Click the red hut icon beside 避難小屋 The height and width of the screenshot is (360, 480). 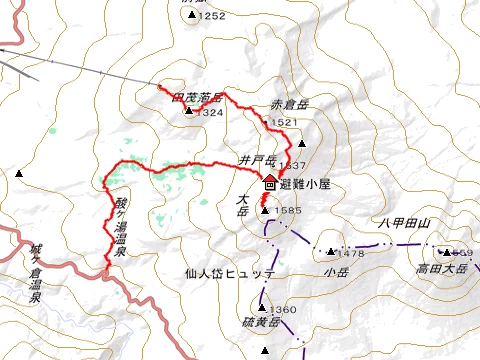pyautogui.click(x=270, y=182)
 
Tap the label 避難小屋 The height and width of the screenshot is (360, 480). pyautogui.click(x=304, y=183)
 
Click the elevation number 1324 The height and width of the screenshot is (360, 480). pyautogui.click(x=209, y=113)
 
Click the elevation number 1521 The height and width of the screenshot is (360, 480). pyautogui.click(x=284, y=122)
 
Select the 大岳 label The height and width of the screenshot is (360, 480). pyautogui.click(x=242, y=204)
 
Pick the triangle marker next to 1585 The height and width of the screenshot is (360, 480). pyautogui.click(x=265, y=211)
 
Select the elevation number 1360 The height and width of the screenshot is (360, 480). pyautogui.click(x=283, y=310)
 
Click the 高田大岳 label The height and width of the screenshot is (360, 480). pyautogui.click(x=443, y=269)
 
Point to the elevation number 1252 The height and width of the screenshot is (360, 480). pyautogui.click(x=212, y=16)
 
